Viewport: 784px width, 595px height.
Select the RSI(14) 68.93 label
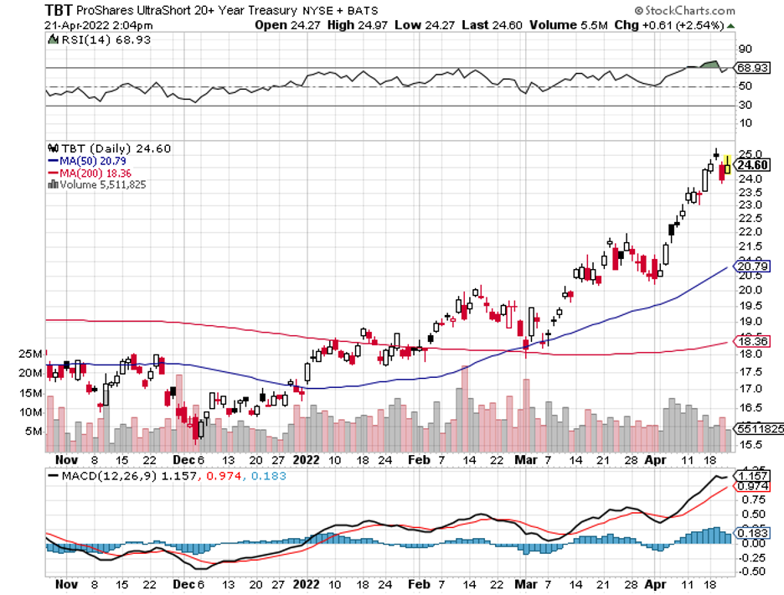click(87, 39)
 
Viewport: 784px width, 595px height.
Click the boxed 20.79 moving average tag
click(751, 266)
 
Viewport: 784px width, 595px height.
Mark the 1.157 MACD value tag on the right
click(751, 475)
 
